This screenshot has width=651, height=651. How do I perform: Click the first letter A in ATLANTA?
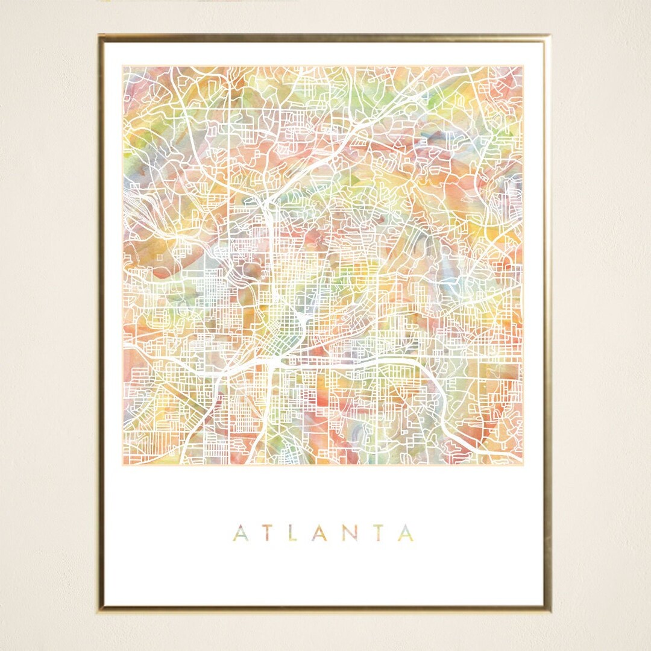(x=241, y=533)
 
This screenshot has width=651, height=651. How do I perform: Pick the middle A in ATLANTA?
(x=321, y=533)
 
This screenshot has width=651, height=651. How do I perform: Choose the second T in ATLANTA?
(x=379, y=533)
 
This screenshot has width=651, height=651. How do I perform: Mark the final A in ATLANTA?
(x=406, y=533)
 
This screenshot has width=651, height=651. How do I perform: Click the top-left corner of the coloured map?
(x=123, y=66)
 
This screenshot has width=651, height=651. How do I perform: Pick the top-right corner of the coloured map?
(x=523, y=66)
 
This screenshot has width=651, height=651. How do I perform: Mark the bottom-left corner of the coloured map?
(x=123, y=464)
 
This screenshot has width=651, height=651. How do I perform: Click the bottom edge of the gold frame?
(x=325, y=609)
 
